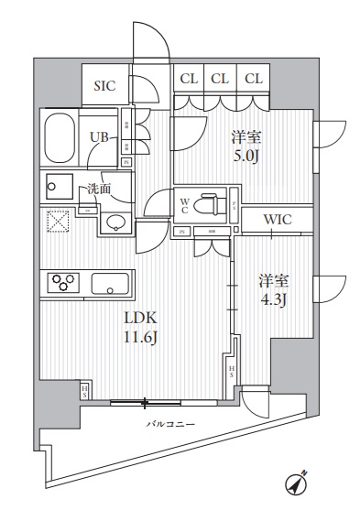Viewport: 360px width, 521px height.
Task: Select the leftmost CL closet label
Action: tap(188, 79)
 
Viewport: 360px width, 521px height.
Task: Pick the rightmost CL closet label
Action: tap(254, 79)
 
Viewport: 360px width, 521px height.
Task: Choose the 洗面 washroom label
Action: tap(98, 190)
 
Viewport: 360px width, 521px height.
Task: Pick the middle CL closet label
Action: tap(220, 79)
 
